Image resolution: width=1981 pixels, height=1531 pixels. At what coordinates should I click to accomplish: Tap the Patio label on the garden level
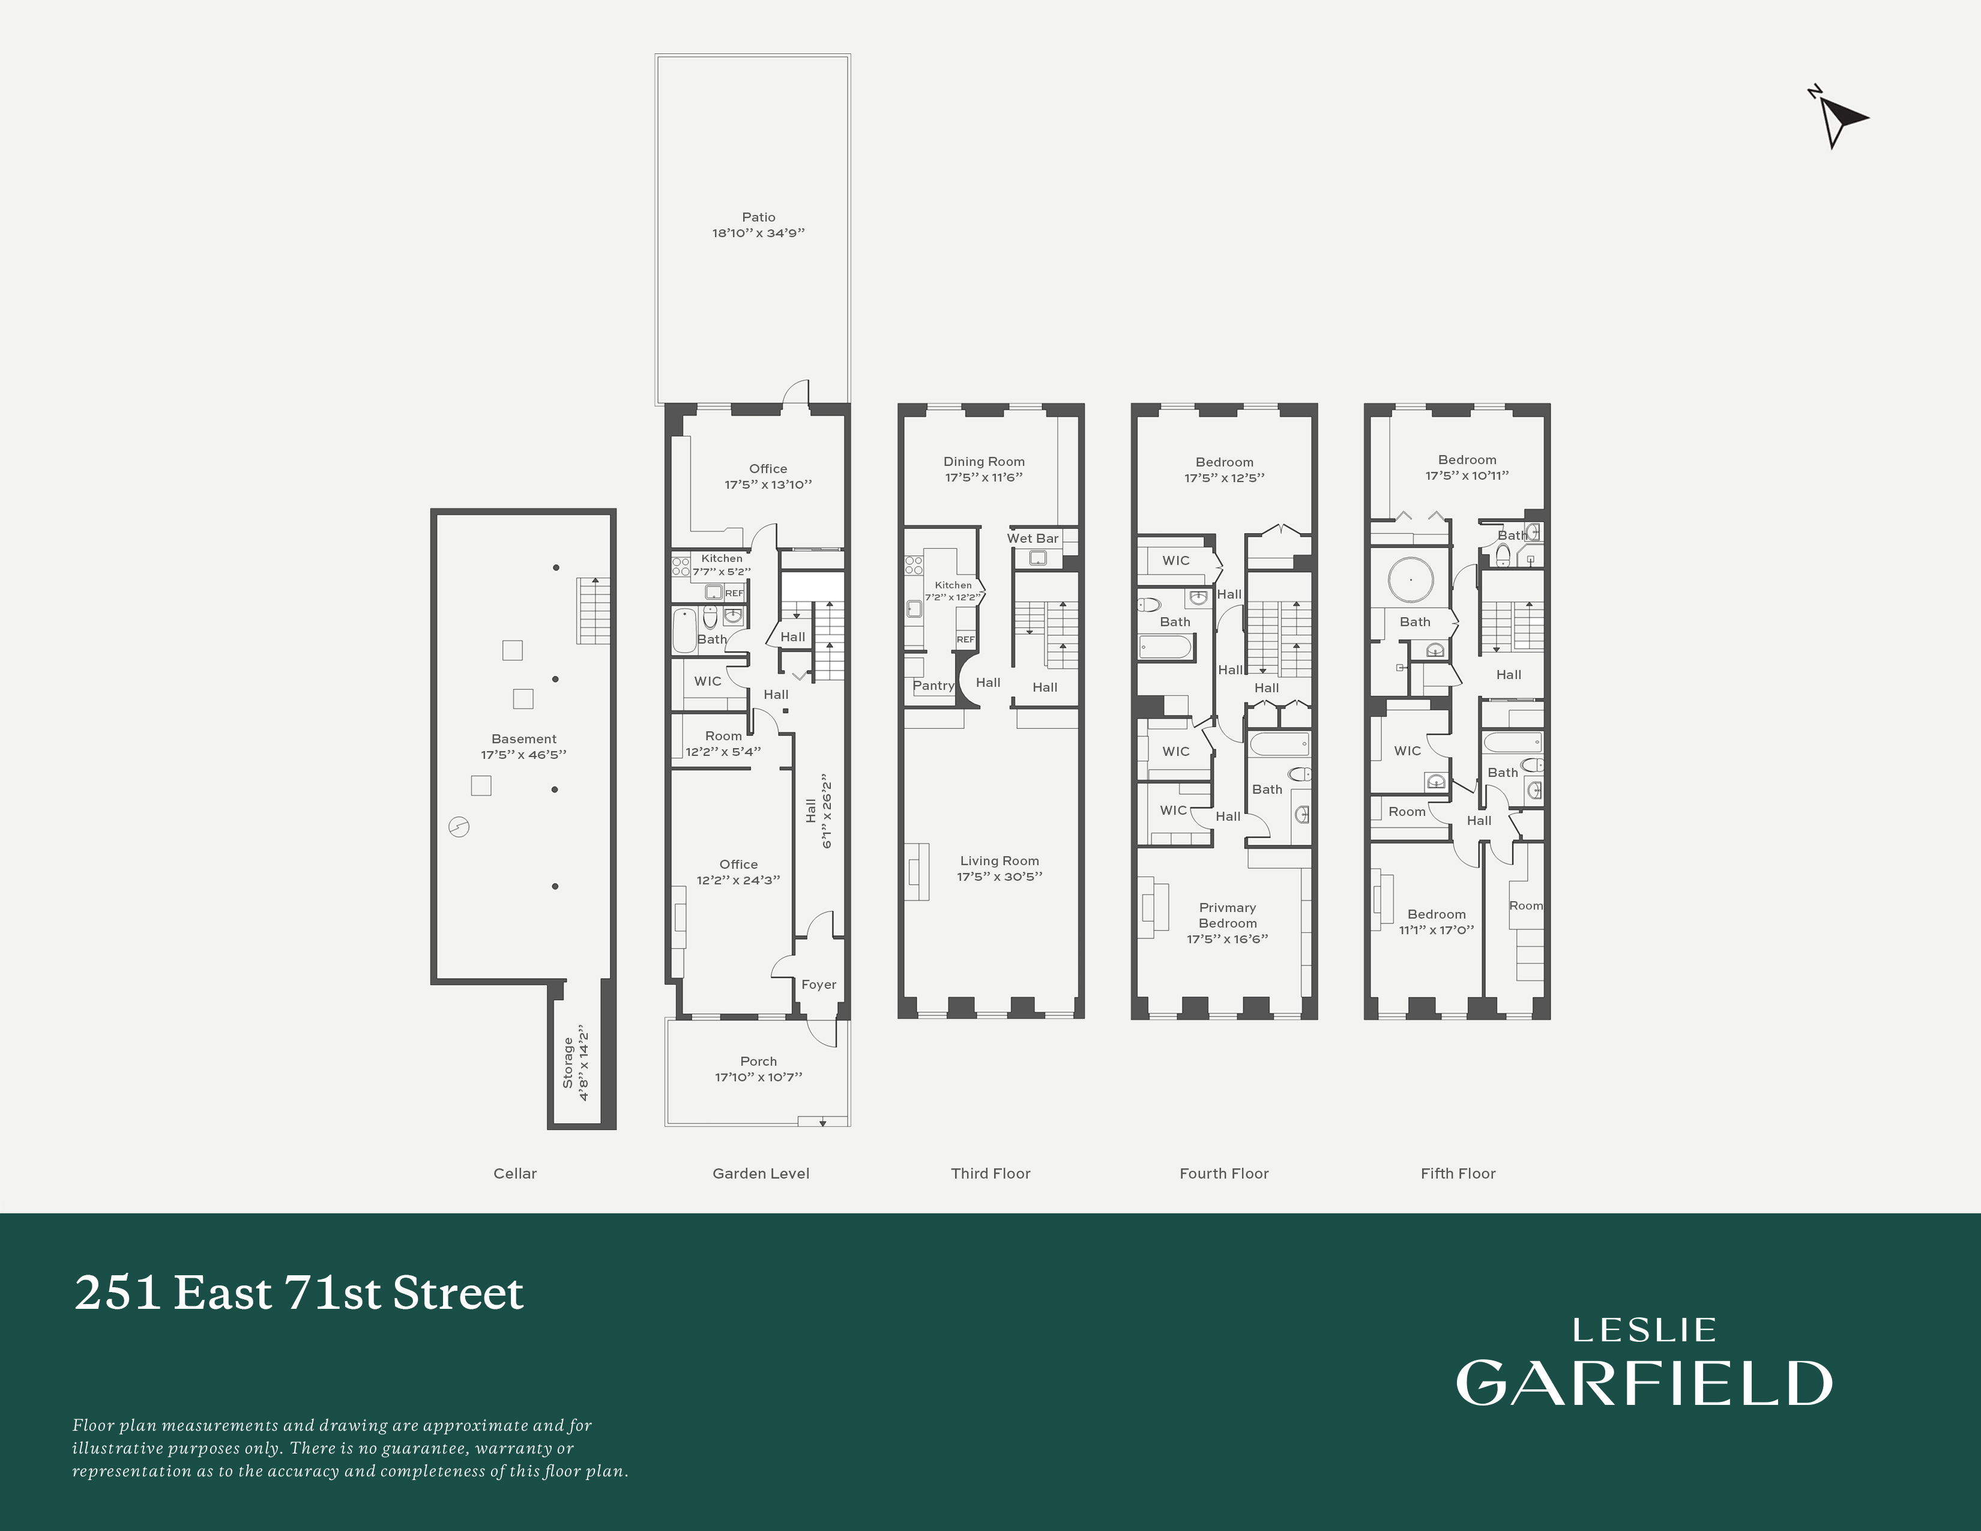pos(758,217)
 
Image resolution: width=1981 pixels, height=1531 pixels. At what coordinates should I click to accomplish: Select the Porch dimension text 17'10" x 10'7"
pos(758,1077)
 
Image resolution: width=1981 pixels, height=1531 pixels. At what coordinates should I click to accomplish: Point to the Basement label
pos(523,738)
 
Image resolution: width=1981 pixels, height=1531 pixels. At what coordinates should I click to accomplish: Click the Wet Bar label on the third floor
pos(1033,538)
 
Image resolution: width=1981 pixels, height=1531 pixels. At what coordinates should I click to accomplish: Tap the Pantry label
pos(933,686)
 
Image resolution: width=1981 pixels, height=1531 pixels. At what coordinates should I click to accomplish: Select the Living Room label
pos(1000,861)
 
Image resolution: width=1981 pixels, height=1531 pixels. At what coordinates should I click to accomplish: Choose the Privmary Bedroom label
pos(1227,915)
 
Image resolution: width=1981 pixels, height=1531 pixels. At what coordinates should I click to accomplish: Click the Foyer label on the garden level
pos(818,984)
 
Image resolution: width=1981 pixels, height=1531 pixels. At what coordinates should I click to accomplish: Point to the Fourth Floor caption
pos(1223,1173)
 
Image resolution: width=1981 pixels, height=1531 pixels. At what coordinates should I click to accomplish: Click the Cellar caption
pos(514,1173)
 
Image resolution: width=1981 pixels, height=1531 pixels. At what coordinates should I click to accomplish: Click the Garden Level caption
pos(760,1173)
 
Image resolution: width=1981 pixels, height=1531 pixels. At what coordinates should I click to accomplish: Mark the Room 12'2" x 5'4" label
pos(723,735)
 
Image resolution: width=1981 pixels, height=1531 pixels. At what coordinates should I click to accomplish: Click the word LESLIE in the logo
pos(1644,1330)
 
